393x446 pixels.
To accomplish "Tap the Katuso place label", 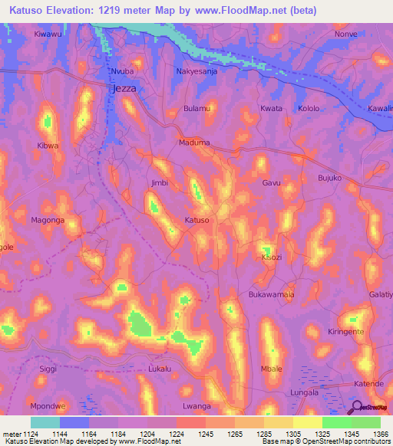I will click(197, 221).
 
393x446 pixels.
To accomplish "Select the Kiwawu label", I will click(48, 35).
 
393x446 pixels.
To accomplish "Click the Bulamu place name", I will click(197, 109).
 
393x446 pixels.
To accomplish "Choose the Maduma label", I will click(194, 143).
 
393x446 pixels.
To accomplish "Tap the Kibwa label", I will click(48, 145).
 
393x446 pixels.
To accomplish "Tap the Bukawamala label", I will click(272, 294).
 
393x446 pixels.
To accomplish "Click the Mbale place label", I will click(272, 369).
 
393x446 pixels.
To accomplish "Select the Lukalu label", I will click(162, 369).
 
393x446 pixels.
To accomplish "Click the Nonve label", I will click(347, 35).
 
